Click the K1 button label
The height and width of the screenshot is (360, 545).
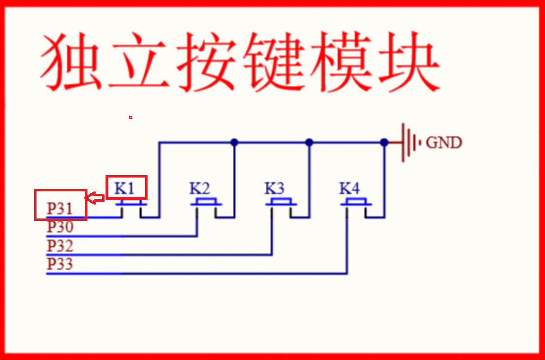point(124,188)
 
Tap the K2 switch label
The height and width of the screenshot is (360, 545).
point(200,188)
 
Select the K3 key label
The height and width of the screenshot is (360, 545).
point(274,188)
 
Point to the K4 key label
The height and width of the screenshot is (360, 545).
point(349,188)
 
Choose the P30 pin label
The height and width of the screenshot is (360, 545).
point(60,227)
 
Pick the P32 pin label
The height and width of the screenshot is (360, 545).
point(60,246)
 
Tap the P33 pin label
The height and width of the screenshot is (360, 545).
point(60,264)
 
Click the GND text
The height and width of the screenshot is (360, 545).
point(444,143)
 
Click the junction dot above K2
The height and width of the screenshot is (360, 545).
point(234,143)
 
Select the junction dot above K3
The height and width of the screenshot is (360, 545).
point(309,143)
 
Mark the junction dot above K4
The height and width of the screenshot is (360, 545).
point(384,143)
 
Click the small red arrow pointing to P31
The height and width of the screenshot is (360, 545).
point(95,198)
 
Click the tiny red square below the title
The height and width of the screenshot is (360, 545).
point(130,117)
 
